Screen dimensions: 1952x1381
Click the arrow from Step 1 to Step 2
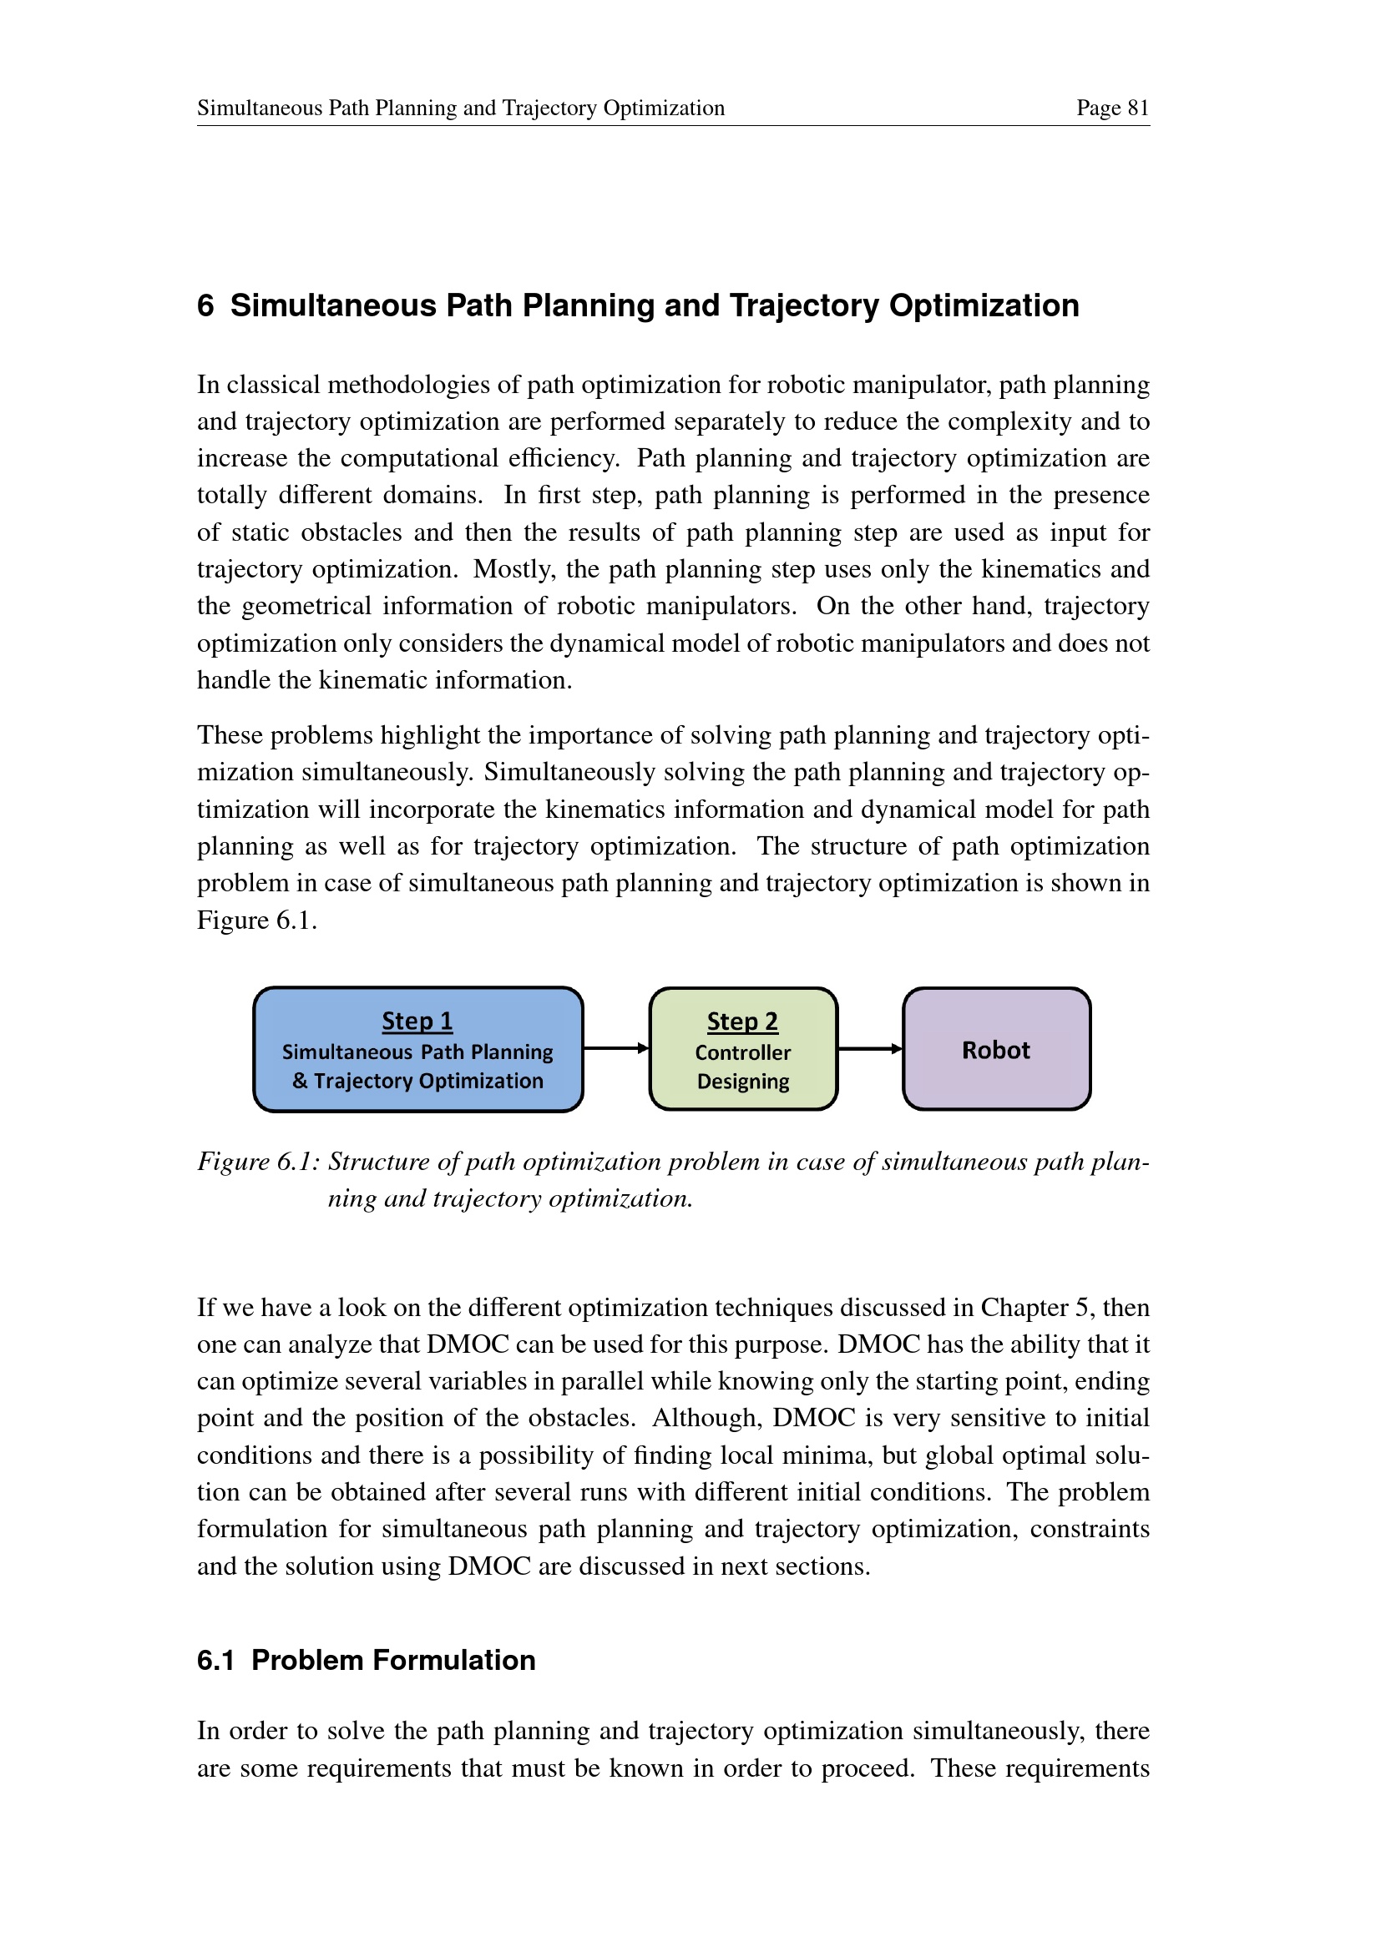(615, 1048)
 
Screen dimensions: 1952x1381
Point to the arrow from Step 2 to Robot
(869, 1048)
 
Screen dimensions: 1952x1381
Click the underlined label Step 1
(417, 1020)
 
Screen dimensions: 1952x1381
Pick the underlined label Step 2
(742, 1021)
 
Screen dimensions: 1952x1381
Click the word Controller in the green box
(742, 1052)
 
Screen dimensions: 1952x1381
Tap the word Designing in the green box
(742, 1082)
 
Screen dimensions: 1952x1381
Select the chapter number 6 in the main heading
(205, 306)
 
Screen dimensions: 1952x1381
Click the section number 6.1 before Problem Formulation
(215, 1660)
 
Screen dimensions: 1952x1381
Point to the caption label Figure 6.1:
(258, 1162)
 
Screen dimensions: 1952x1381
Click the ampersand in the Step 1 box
(300, 1081)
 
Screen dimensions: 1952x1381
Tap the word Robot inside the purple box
(995, 1050)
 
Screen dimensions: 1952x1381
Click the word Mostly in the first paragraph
(504, 569)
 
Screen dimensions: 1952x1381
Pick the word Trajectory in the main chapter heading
(803, 306)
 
